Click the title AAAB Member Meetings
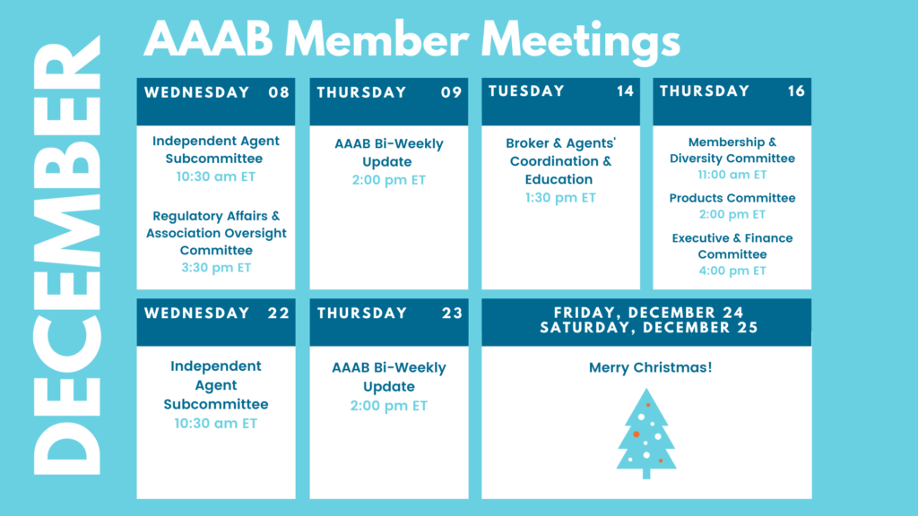click(x=411, y=39)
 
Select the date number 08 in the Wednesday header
click(x=279, y=92)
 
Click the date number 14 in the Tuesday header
click(x=625, y=91)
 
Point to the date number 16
click(x=796, y=91)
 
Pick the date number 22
click(x=279, y=313)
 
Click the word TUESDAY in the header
click(x=526, y=91)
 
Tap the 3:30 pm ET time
click(x=216, y=267)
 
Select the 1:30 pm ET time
click(x=560, y=198)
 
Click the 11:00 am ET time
click(x=732, y=175)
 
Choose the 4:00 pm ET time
click(x=732, y=271)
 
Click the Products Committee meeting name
click(x=732, y=198)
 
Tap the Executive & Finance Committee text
click(x=732, y=246)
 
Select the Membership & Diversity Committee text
click(x=732, y=150)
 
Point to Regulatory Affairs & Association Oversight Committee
click(x=216, y=233)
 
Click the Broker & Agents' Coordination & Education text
click(x=560, y=161)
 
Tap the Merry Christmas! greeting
click(x=650, y=367)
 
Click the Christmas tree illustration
click(x=646, y=434)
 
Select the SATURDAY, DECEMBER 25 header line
click(x=649, y=328)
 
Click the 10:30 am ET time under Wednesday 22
click(x=216, y=423)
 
